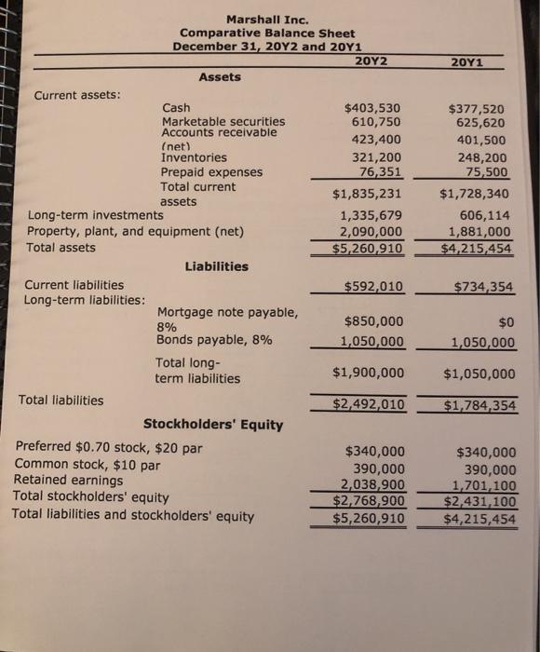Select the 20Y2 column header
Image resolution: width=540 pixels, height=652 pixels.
(x=371, y=61)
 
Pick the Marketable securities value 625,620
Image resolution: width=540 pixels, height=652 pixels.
(x=481, y=122)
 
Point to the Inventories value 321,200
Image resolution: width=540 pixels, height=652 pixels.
(x=374, y=157)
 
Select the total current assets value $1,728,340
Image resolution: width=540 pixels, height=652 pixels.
(x=475, y=196)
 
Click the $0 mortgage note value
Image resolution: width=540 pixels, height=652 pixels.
(x=506, y=322)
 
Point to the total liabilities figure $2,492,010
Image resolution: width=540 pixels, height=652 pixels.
(x=369, y=403)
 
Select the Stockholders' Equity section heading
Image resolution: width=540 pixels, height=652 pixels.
(x=213, y=424)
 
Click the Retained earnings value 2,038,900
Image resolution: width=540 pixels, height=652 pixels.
(x=372, y=485)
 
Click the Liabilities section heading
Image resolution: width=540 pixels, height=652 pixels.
(x=216, y=266)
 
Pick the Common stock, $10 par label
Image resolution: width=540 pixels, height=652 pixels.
(x=88, y=463)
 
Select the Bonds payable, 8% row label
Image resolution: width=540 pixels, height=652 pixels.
(x=214, y=339)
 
